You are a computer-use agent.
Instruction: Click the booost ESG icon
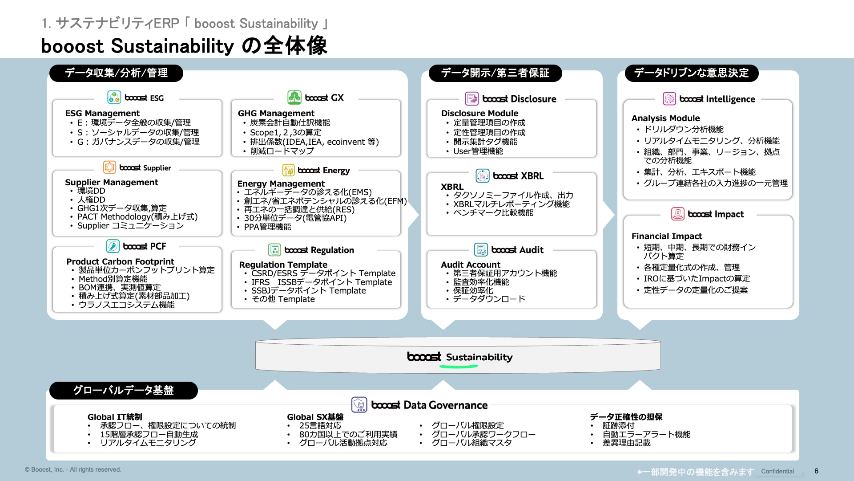[114, 97]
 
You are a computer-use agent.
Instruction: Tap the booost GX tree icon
[294, 97]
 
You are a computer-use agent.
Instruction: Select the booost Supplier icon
[109, 167]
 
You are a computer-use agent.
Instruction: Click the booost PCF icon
[113, 246]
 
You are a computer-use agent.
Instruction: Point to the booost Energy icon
[288, 170]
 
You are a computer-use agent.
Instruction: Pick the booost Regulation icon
[274, 249]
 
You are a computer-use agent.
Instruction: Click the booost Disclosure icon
[471, 98]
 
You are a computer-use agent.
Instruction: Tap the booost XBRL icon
[482, 175]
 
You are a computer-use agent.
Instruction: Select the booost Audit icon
[481, 249]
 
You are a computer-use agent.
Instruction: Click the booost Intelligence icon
[669, 98]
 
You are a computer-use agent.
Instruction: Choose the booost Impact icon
[677, 214]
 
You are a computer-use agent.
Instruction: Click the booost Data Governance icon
[359, 404]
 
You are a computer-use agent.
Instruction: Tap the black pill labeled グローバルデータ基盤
[123, 390]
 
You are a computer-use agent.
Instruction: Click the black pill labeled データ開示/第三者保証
[495, 73]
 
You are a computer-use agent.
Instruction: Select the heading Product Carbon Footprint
[120, 261]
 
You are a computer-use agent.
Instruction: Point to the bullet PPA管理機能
[267, 227]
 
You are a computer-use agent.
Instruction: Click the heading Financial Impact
[666, 236]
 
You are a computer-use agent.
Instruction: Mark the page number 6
[816, 471]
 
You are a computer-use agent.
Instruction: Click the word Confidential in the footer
[777, 471]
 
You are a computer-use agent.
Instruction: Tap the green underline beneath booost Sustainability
[459, 367]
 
